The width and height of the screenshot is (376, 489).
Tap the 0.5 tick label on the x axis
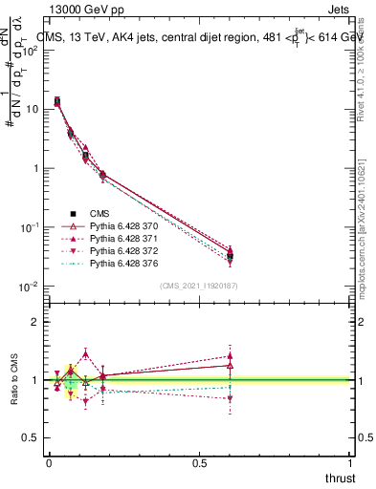coord(199,462)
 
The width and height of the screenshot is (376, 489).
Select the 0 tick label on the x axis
coord(49,462)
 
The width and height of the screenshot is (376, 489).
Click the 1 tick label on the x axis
coord(350,462)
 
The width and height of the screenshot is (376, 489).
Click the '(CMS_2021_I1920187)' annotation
coord(199,285)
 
